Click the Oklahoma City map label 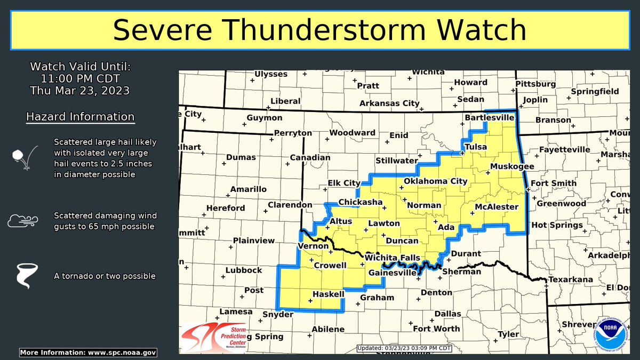click(x=435, y=181)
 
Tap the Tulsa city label click(x=476, y=146)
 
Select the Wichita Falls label click(x=393, y=258)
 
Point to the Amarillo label click(x=248, y=189)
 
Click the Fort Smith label click(x=554, y=183)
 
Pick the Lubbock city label click(x=244, y=270)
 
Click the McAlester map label click(x=496, y=206)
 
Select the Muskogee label click(x=512, y=166)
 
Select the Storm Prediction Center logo click(x=213, y=338)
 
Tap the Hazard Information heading click(x=80, y=116)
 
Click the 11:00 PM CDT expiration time click(x=80, y=79)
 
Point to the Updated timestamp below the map click(x=404, y=348)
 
